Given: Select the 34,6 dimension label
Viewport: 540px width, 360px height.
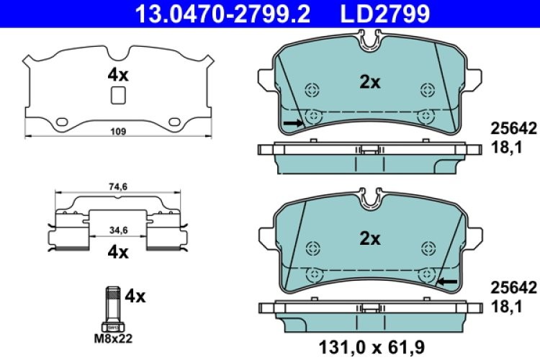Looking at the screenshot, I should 118,230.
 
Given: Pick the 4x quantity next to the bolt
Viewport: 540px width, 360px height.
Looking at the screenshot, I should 135,295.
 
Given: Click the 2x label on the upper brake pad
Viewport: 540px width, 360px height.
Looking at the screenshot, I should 369,82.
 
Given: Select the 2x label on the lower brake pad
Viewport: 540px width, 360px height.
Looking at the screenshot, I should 369,238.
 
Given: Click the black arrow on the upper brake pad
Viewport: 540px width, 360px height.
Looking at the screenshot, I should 292,124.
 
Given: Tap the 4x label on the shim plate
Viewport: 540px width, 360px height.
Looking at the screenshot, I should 118,74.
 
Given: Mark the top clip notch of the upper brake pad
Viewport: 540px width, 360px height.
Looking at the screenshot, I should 369,45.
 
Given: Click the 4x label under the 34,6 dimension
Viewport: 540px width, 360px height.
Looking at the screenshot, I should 118,252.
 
